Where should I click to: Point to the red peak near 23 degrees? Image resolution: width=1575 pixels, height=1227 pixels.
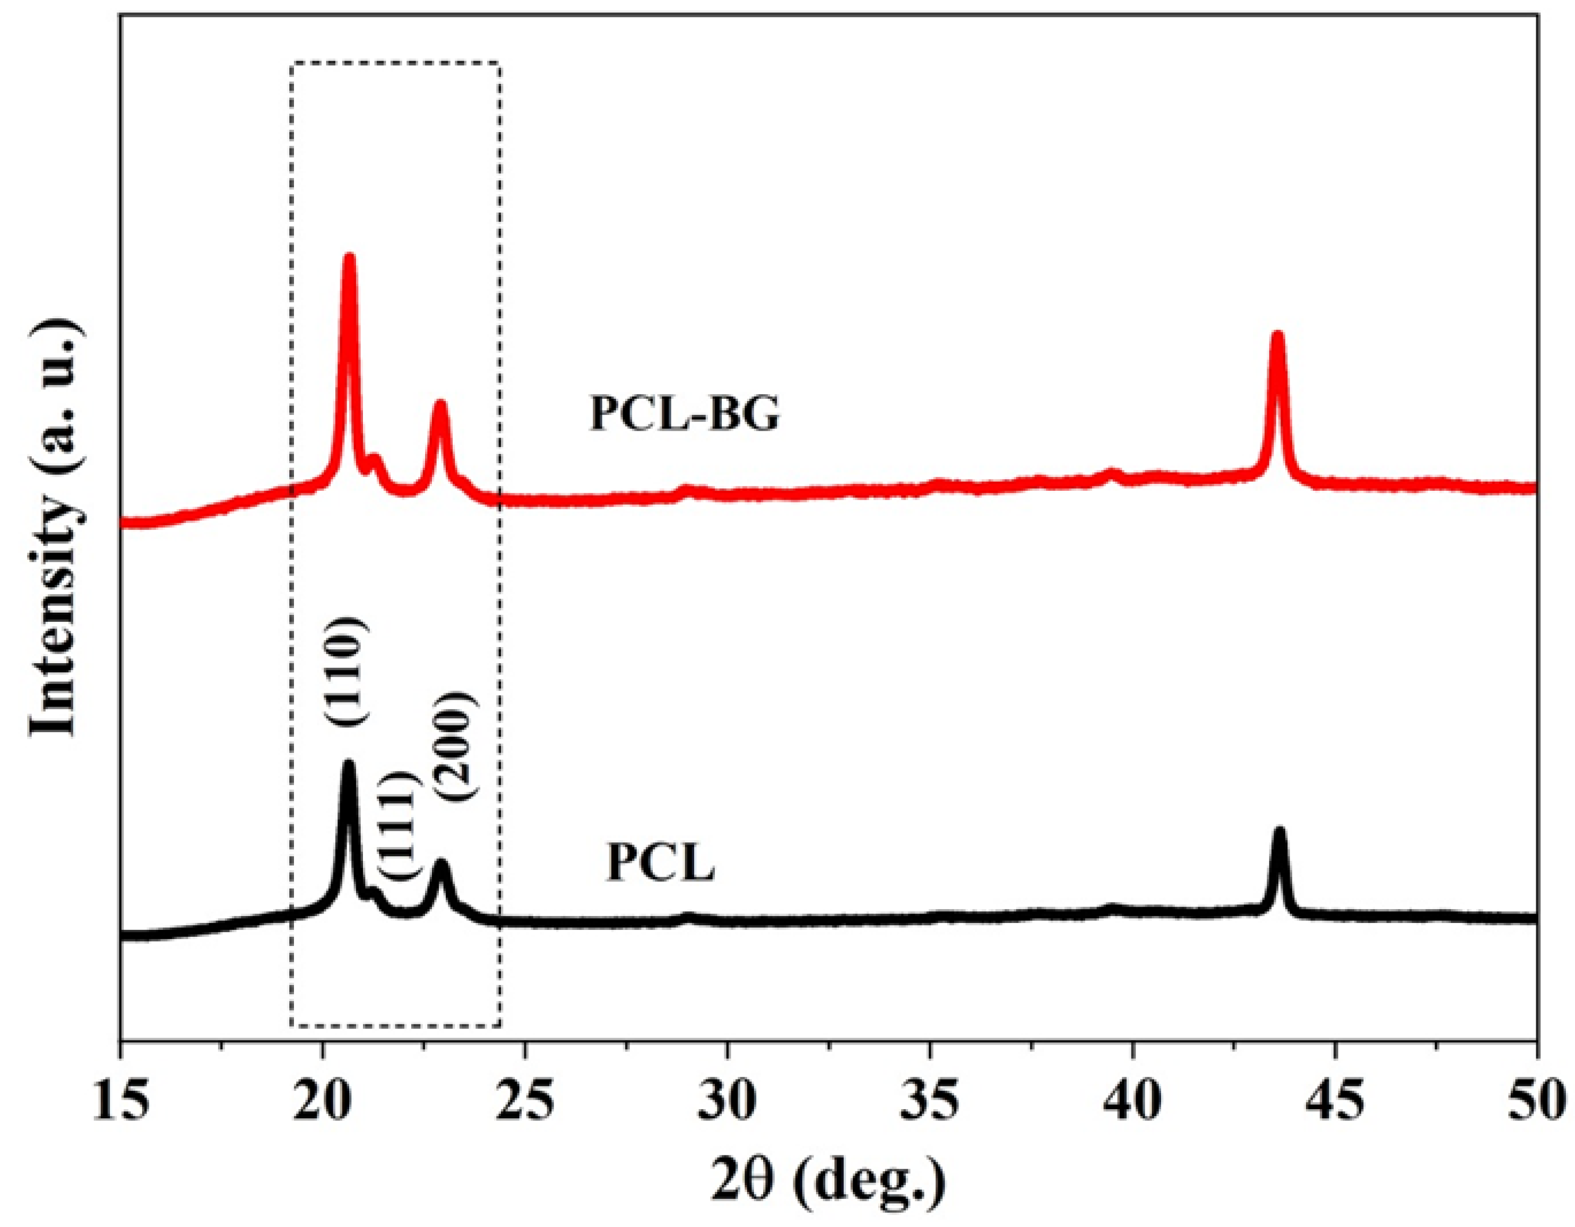click(x=440, y=405)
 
